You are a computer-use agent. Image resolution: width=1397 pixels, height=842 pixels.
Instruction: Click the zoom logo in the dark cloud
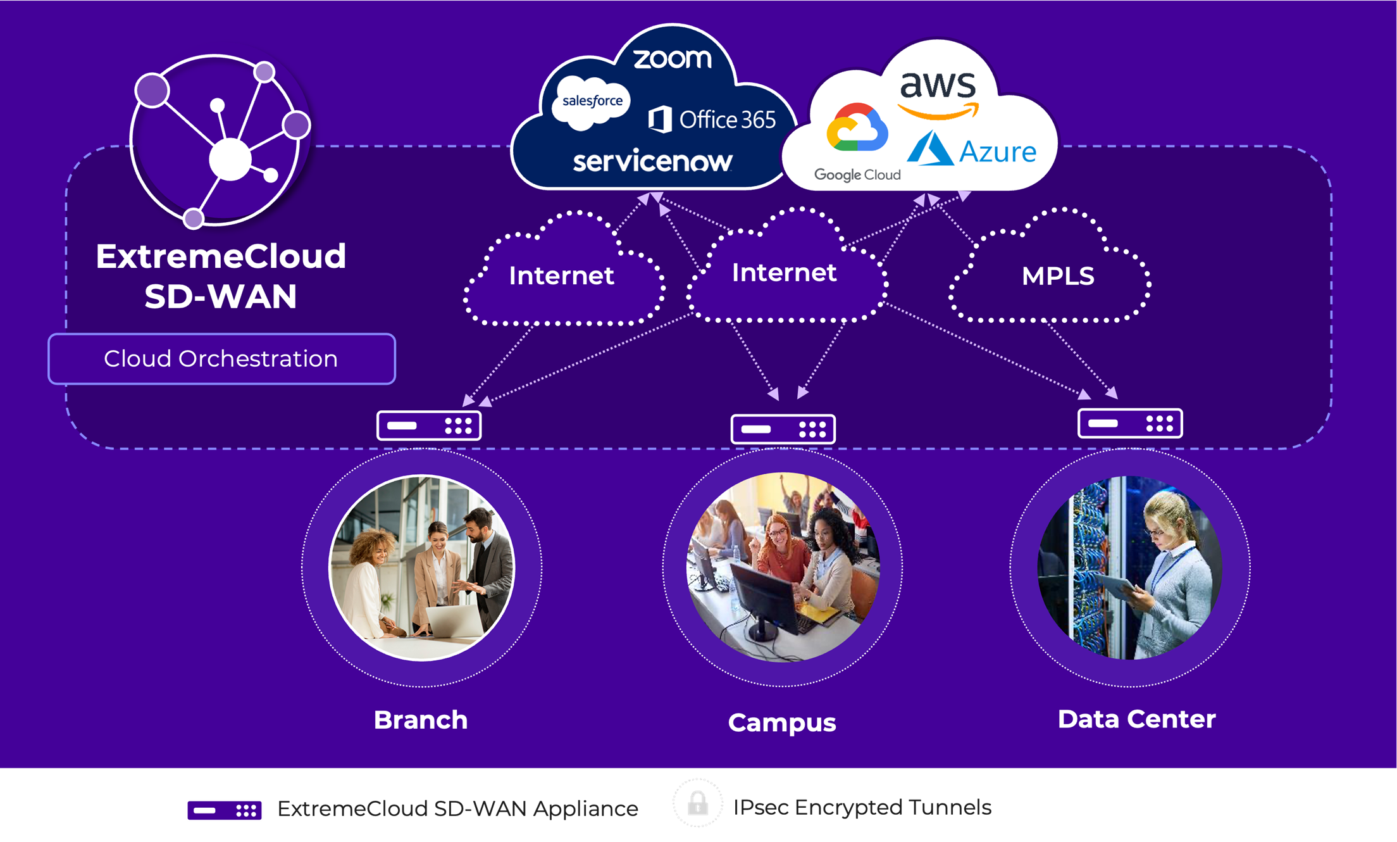point(672,59)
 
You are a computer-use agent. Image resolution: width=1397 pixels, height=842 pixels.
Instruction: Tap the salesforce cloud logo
point(592,101)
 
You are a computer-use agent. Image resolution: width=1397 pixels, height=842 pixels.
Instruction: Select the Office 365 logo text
point(712,120)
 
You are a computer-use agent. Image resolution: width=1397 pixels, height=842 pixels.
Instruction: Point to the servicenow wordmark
point(652,161)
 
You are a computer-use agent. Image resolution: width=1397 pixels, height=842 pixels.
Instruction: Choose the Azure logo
point(972,149)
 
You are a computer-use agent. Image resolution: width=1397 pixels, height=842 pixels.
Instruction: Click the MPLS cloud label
point(1058,276)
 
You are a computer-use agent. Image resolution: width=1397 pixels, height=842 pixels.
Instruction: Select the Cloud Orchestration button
point(221,359)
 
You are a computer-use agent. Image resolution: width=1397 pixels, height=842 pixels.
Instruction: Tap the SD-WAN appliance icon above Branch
point(429,425)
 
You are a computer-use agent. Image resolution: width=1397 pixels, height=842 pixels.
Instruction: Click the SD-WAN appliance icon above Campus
point(783,429)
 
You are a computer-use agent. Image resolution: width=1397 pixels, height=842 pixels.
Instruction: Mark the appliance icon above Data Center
point(1130,423)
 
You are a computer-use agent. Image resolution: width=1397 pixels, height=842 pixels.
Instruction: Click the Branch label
point(421,720)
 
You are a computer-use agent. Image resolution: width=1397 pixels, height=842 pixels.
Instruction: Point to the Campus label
point(782,722)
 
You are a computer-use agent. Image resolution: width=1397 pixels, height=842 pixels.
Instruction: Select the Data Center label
point(1136,719)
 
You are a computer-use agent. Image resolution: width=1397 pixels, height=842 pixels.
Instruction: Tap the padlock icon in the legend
point(698,803)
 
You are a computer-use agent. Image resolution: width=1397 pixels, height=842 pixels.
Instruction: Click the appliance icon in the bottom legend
point(225,810)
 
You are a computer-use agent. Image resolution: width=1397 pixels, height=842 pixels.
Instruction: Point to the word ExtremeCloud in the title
point(221,256)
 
